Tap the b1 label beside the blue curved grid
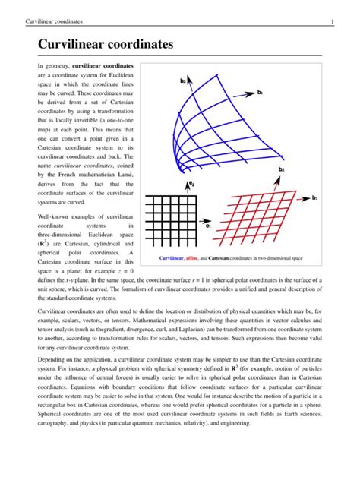point(260,92)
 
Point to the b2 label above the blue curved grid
point(183,80)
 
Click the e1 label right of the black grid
point(208,225)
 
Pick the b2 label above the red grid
point(282,169)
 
